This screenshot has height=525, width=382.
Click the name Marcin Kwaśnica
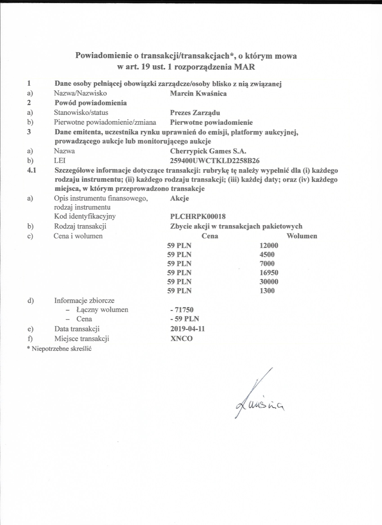pyautogui.click(x=198, y=94)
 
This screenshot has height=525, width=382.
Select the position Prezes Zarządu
pyautogui.click(x=195, y=112)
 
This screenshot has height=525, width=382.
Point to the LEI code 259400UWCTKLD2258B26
pyautogui.click(x=214, y=160)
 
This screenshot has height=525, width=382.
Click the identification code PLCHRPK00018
pyautogui.click(x=198, y=216)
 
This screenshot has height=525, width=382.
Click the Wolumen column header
pyautogui.click(x=301, y=236)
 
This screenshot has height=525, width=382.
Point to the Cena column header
pyautogui.click(x=210, y=236)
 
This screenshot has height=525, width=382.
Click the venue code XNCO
pyautogui.click(x=181, y=338)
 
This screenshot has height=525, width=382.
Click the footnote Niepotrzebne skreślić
pyautogui.click(x=60, y=348)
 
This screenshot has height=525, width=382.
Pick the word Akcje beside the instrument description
pyautogui.click(x=179, y=199)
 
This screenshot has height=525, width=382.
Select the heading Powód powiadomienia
pyautogui.click(x=90, y=103)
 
